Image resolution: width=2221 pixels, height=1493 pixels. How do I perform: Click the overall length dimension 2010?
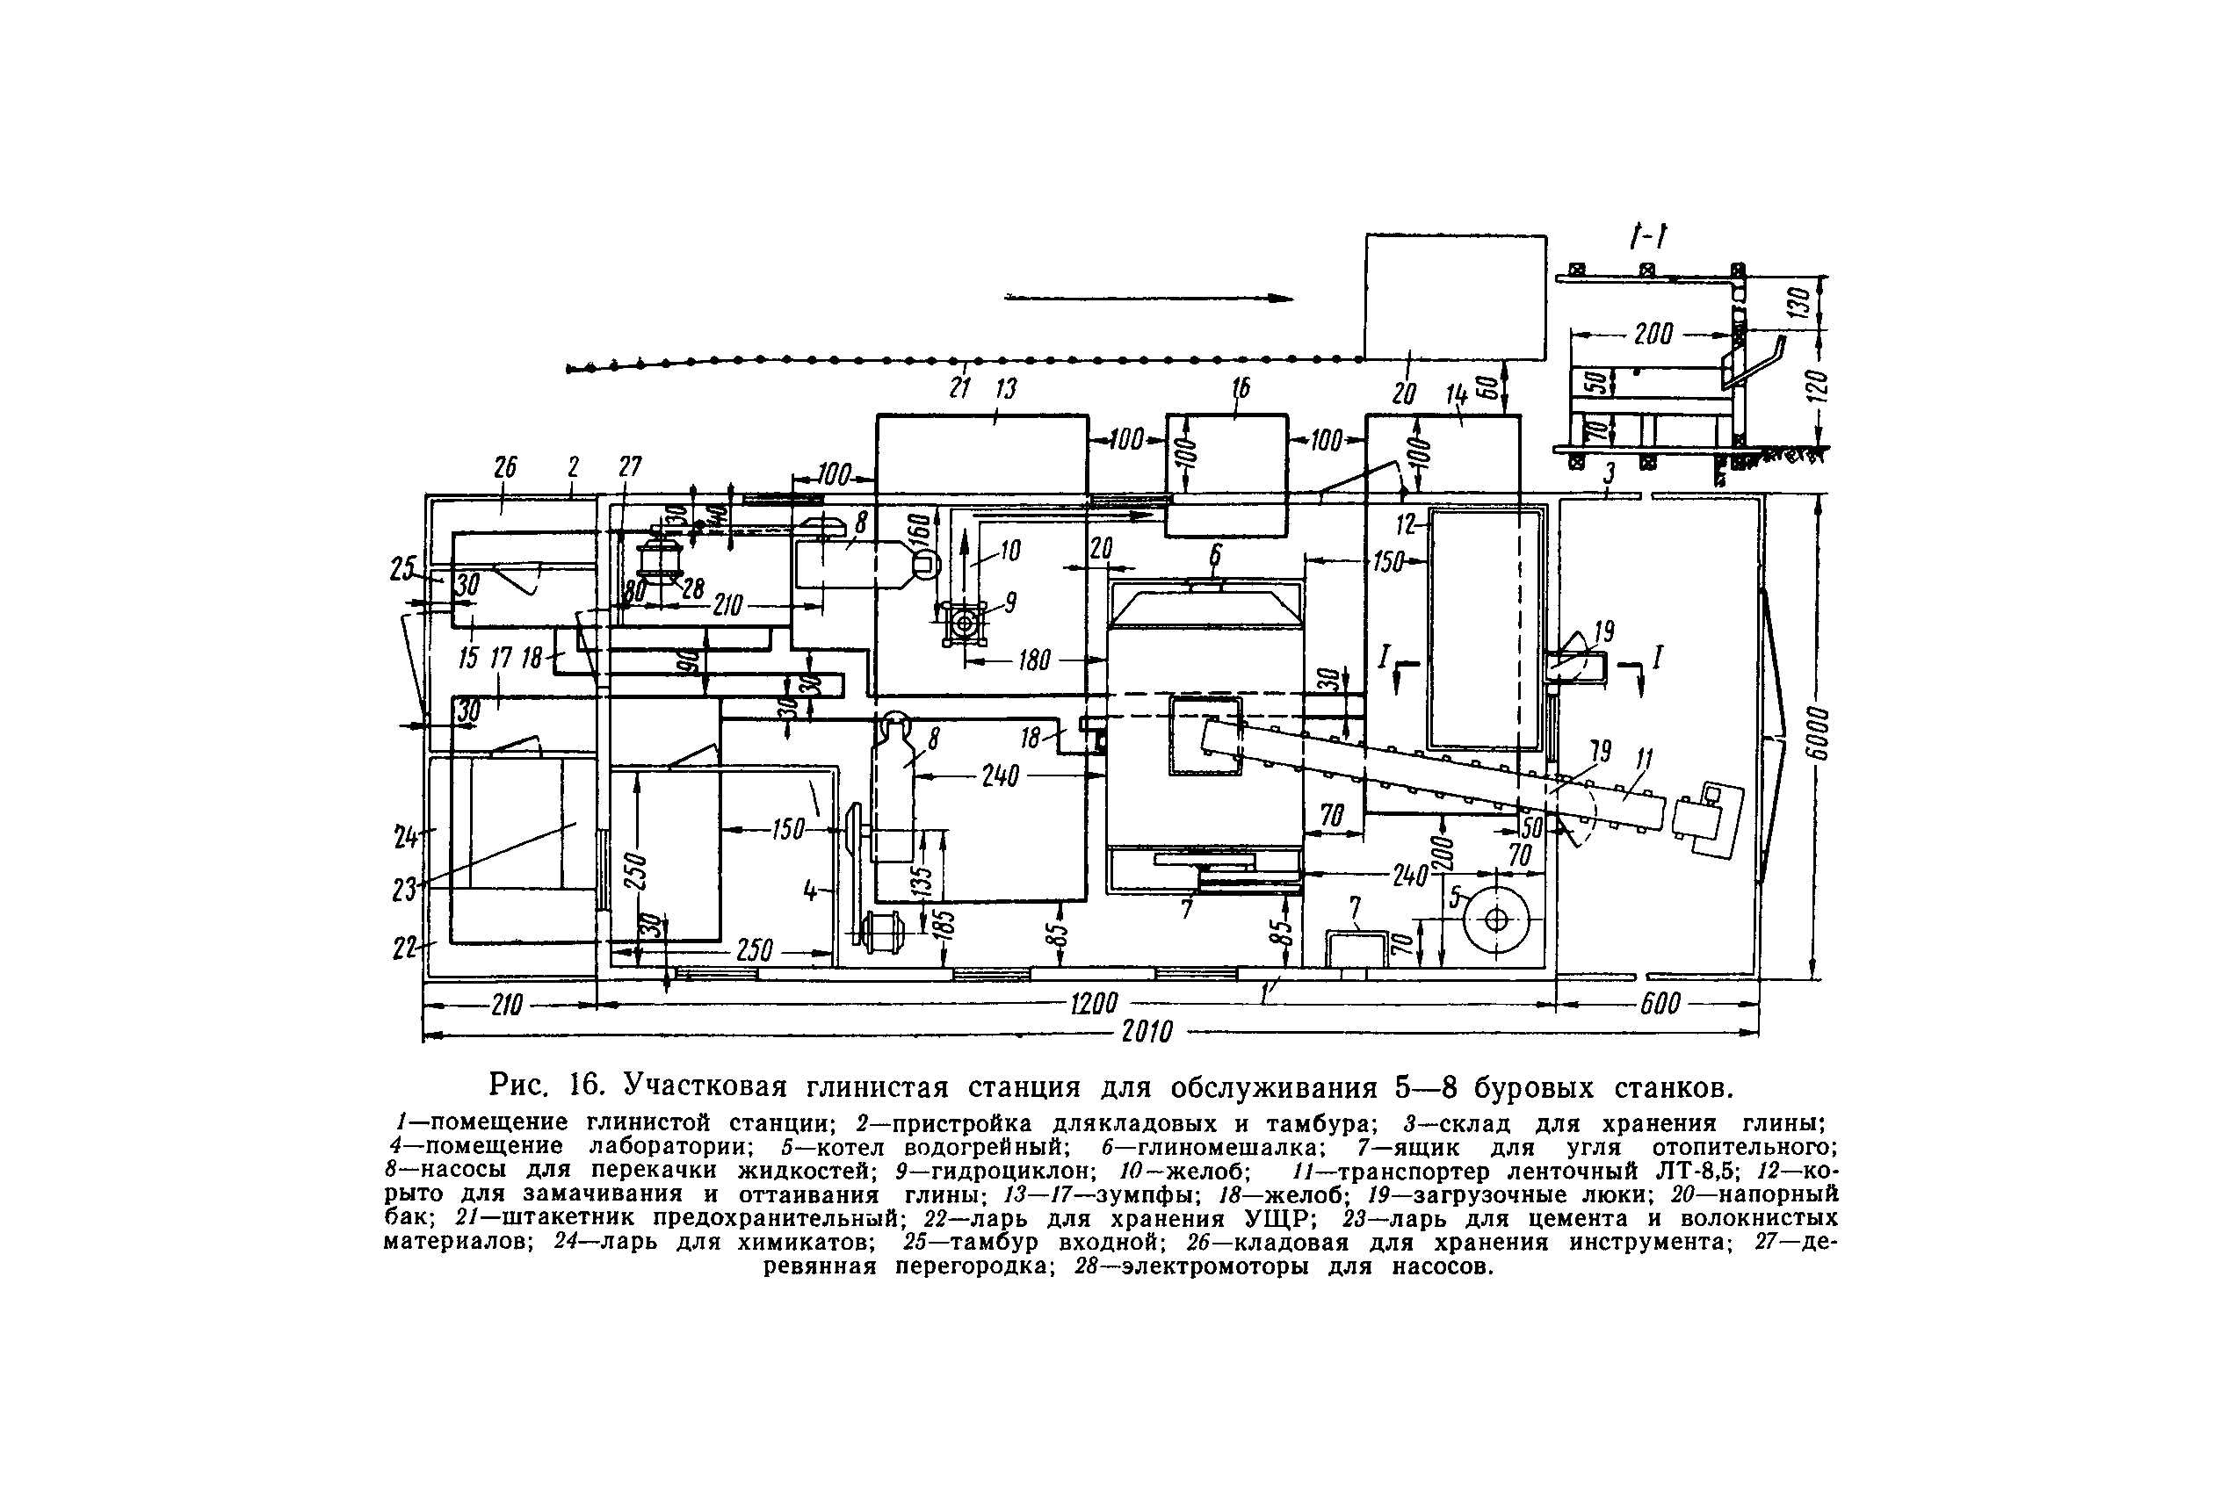1146,1032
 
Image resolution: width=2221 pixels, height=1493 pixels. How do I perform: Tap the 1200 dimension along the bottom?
1092,1003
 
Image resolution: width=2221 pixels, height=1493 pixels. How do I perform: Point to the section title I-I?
1648,237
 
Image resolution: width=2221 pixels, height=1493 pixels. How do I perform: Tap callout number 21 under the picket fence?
959,388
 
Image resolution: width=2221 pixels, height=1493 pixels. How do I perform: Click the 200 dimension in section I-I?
1653,335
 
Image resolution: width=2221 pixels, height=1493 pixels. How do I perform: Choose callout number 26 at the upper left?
505,467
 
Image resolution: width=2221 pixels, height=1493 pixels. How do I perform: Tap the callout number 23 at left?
405,890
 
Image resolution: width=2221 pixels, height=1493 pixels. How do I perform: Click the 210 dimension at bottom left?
506,1003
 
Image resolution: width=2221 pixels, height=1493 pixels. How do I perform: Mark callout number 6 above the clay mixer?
1214,555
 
